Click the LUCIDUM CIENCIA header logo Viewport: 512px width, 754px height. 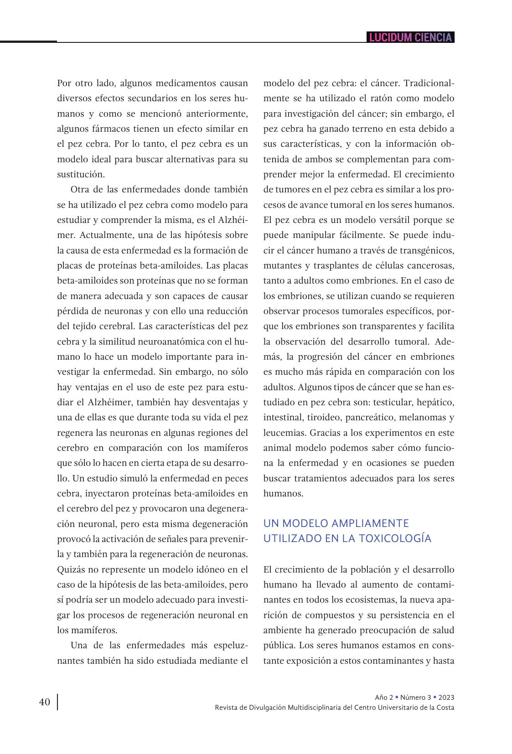(410, 37)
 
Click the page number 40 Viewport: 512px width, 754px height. (45, 702)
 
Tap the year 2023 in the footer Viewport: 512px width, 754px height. (446, 697)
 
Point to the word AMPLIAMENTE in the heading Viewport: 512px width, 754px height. (371, 523)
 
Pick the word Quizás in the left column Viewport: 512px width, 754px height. (71, 569)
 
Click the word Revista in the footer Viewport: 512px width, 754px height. (226, 708)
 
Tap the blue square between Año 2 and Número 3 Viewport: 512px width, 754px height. (397, 697)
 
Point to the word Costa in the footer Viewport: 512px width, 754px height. (445, 708)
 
